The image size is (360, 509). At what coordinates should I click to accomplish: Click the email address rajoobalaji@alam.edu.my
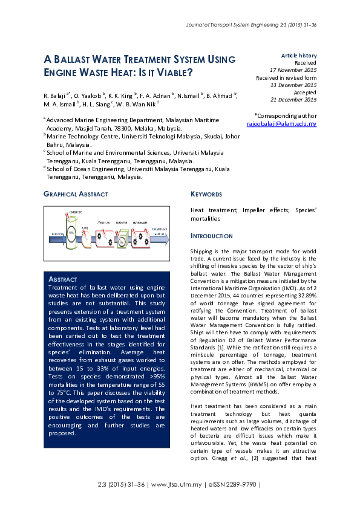281,123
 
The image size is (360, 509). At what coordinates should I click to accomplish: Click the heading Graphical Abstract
76,194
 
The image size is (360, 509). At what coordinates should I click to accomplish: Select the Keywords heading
206,194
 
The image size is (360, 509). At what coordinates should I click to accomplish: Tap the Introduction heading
211,236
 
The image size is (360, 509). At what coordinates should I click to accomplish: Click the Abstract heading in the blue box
62,279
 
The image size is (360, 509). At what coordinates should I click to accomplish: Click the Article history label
299,56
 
